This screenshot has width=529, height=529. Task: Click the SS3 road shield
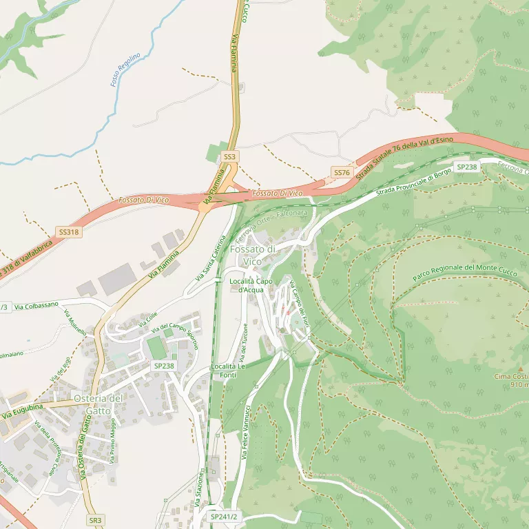click(229, 157)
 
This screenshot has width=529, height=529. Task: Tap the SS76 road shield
click(342, 172)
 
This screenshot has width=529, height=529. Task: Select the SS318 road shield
click(69, 233)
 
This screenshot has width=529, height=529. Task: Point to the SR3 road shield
click(95, 520)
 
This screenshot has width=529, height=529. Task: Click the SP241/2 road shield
click(224, 517)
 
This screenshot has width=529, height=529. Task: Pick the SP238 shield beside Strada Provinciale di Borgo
click(466, 167)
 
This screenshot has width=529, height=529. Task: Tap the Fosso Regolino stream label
click(125, 70)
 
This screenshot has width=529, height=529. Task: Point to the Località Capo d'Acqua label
click(251, 286)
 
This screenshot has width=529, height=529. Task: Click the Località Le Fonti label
click(228, 371)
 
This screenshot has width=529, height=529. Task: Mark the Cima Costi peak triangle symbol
click(519, 369)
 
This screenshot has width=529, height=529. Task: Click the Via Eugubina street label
click(22, 412)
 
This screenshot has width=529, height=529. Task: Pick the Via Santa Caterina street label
click(211, 258)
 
